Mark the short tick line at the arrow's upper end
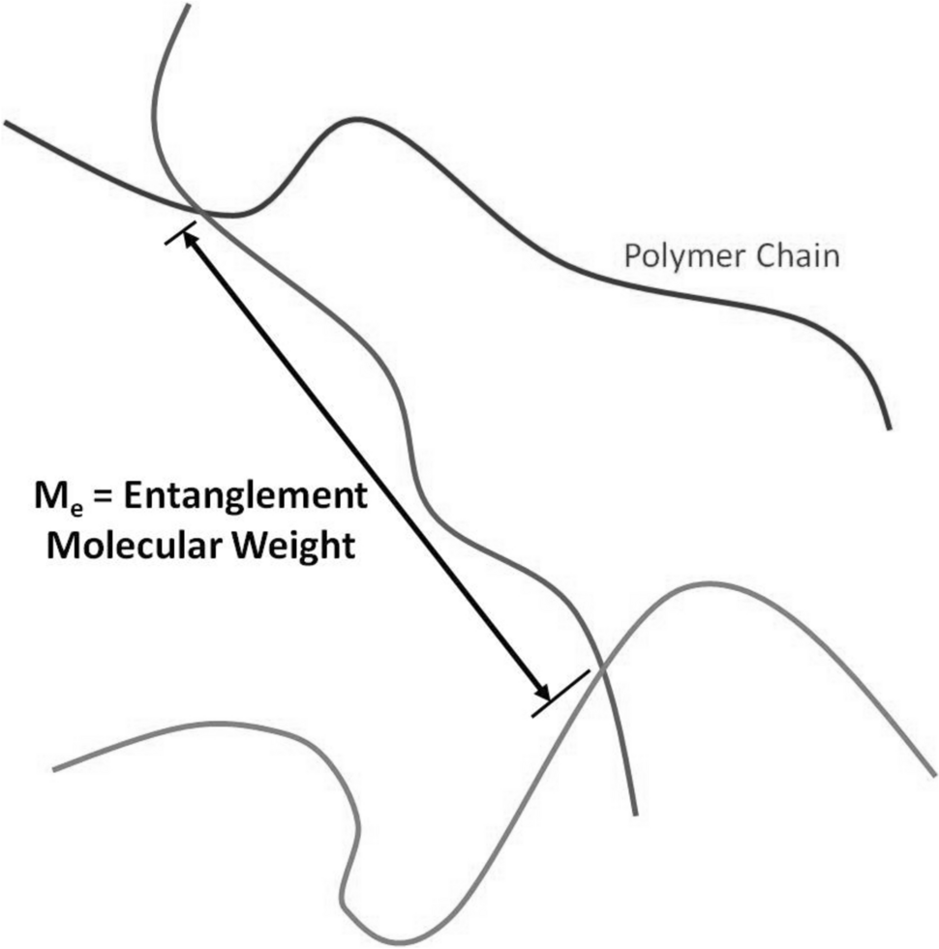180,233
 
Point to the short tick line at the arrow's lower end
560,694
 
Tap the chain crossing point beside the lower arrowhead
600,667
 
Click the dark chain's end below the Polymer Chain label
888,427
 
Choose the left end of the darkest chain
6,123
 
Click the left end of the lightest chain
54,769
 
